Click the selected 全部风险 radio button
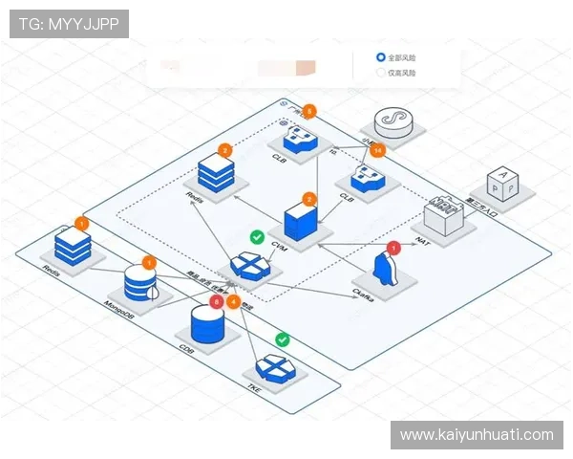click(x=382, y=57)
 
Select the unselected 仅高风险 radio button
click(x=382, y=72)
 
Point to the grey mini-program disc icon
click(x=390, y=120)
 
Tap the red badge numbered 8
click(x=217, y=301)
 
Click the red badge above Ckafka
click(x=393, y=248)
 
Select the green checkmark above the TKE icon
click(x=282, y=339)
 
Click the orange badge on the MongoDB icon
click(x=148, y=261)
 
